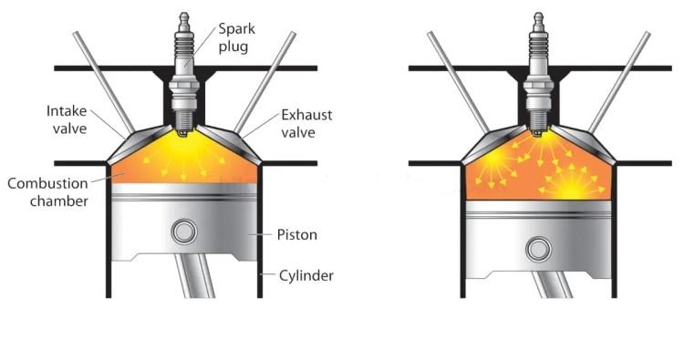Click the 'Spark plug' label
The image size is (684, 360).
click(x=236, y=37)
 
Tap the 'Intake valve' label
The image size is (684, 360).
click(x=67, y=119)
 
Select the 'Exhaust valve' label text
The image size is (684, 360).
click(x=306, y=123)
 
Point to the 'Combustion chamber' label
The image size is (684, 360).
click(x=48, y=191)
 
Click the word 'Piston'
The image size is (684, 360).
click(x=296, y=235)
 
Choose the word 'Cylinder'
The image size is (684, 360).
click(x=306, y=275)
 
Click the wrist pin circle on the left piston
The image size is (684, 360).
click(x=184, y=231)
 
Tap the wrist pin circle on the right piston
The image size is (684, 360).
click(x=538, y=250)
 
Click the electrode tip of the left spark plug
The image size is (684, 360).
click(x=184, y=132)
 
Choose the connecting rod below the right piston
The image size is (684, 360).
click(x=552, y=284)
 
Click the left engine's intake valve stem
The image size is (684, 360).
click(x=104, y=82)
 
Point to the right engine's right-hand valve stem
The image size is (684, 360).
click(x=619, y=82)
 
